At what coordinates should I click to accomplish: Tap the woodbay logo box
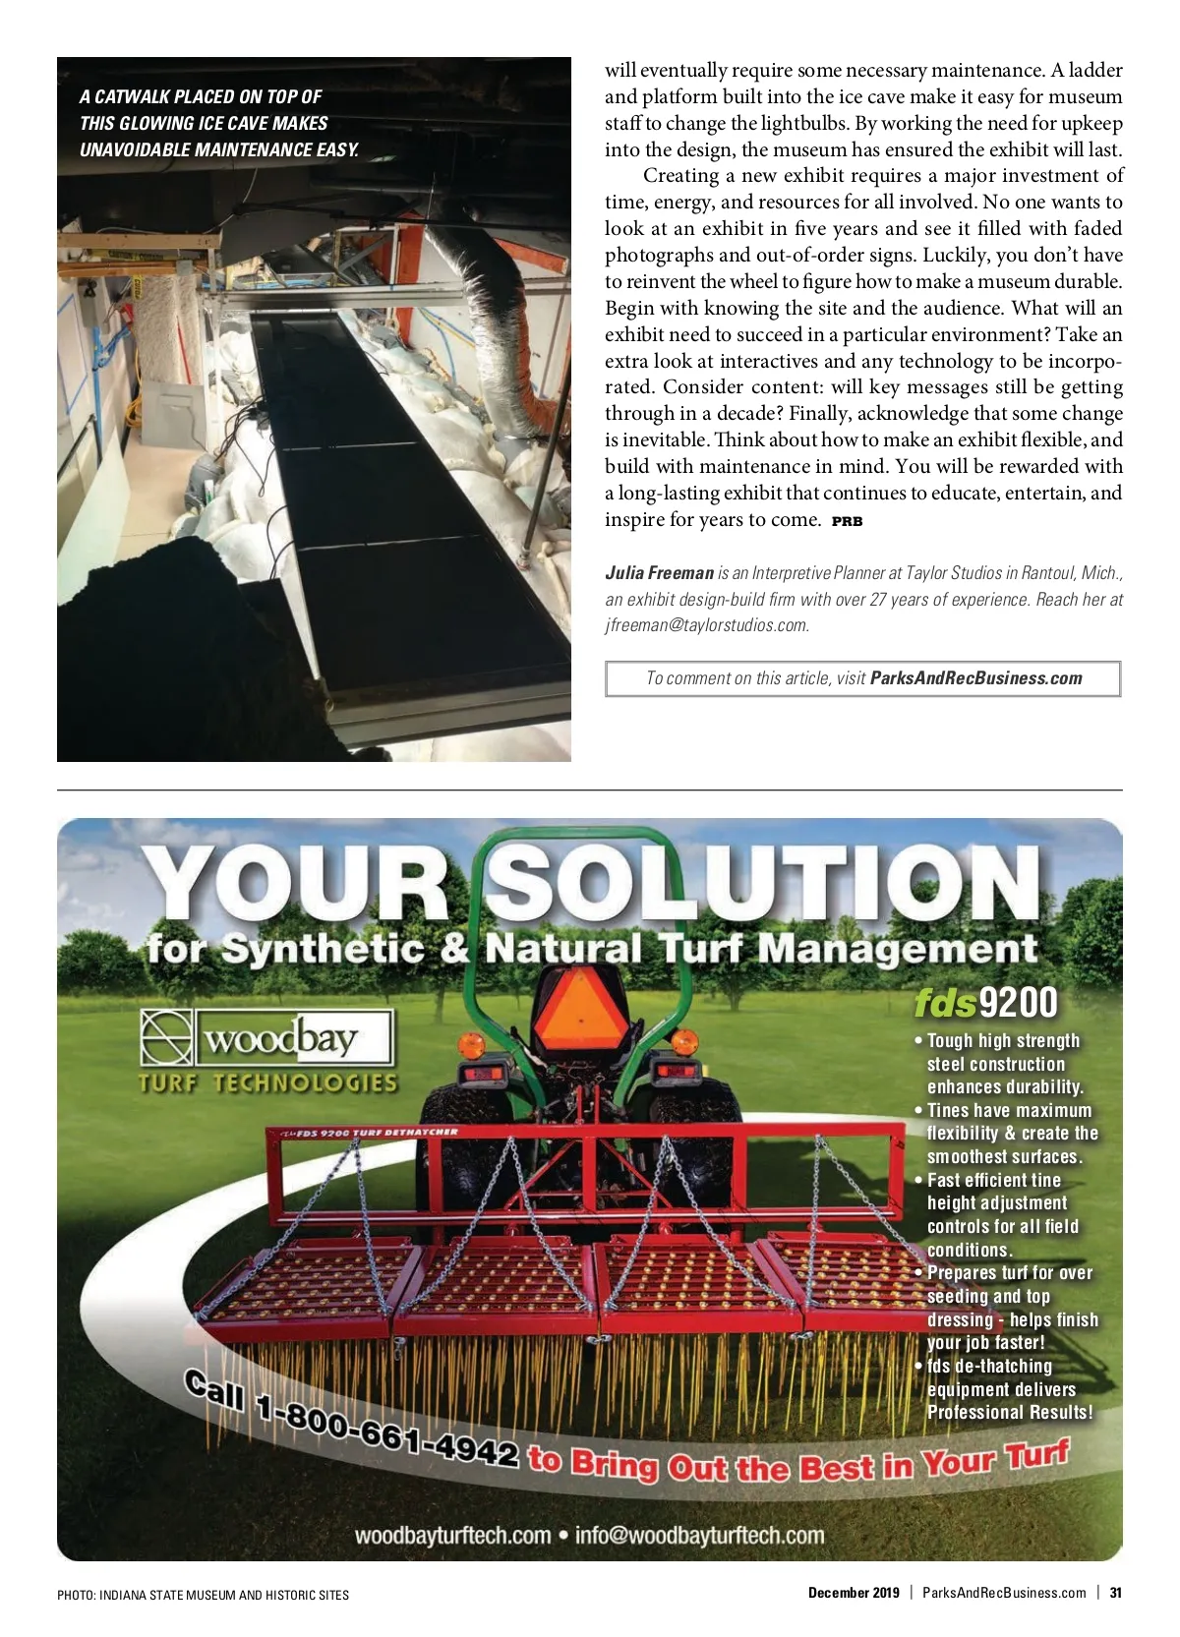coord(266,1037)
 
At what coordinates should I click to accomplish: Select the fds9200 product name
coord(985,1003)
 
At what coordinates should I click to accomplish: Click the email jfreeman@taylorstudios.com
coord(706,625)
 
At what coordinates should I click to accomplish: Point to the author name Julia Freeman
coord(659,573)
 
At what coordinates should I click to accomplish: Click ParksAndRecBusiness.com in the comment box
coord(975,678)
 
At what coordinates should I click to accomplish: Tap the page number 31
coord(1115,1593)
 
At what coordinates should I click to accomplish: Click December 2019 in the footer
coord(854,1593)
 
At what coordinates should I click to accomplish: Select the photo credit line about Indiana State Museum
coord(203,1595)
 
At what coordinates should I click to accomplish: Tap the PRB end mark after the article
coord(847,522)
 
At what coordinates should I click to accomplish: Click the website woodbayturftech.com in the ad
coord(452,1536)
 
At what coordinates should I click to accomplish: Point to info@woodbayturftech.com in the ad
coord(699,1536)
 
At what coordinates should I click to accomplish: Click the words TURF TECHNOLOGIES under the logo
coord(267,1083)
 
